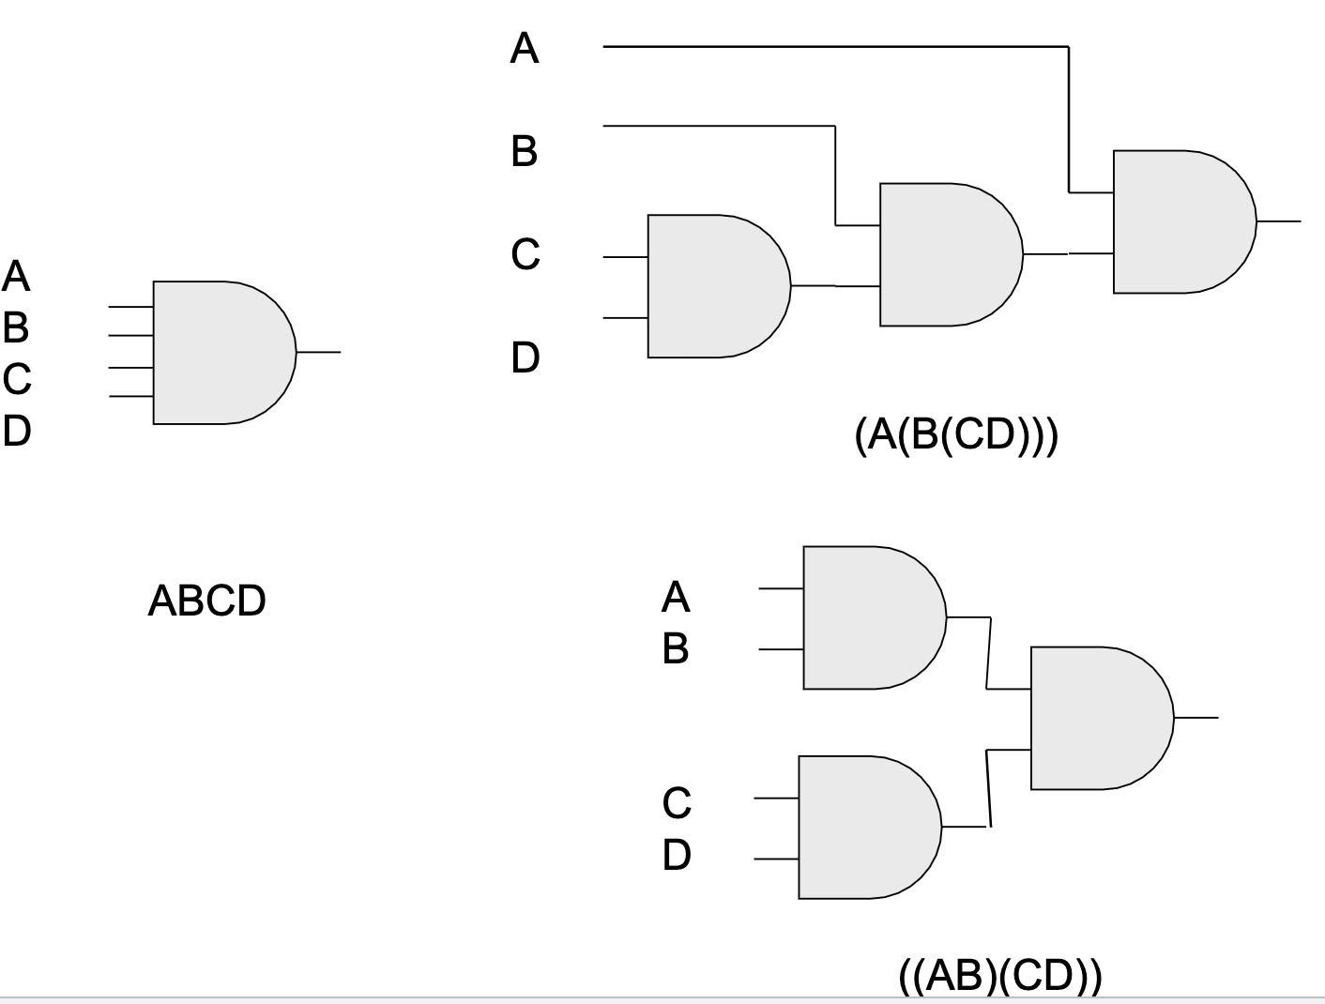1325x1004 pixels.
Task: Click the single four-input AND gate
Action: tap(221, 352)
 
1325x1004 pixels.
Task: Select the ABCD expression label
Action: tap(206, 601)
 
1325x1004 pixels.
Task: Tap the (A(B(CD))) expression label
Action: tap(956, 435)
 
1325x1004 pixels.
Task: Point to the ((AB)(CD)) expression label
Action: tap(1000, 976)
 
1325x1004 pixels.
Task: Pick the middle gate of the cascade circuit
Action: tap(947, 254)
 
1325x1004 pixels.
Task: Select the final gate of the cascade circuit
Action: tap(1180, 221)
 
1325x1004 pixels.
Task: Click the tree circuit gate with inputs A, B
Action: tap(871, 617)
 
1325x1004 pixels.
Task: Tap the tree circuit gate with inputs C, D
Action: tap(865, 827)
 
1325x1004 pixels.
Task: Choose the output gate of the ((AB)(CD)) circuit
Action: tap(1098, 718)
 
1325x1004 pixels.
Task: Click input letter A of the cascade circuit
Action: tap(525, 48)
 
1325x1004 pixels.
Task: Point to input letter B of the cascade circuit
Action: tap(525, 151)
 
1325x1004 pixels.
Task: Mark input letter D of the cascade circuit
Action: tap(525, 357)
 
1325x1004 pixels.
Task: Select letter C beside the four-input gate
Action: tap(17, 379)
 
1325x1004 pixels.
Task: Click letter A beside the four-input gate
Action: tap(17, 277)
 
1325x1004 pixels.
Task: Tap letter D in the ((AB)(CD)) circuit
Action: tap(677, 855)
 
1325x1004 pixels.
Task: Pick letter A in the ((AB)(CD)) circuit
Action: tap(676, 597)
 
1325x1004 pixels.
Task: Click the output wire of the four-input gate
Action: tap(319, 352)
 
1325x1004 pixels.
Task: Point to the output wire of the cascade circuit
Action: tap(1279, 221)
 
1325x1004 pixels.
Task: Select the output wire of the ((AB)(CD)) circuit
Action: tap(1196, 718)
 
